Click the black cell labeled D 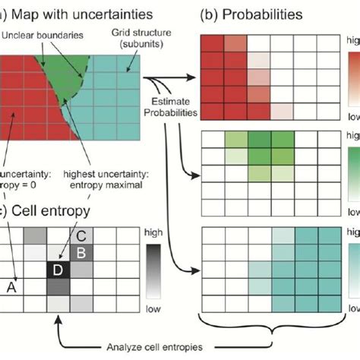(x=57, y=248)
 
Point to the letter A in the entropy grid (x=11, y=265)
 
